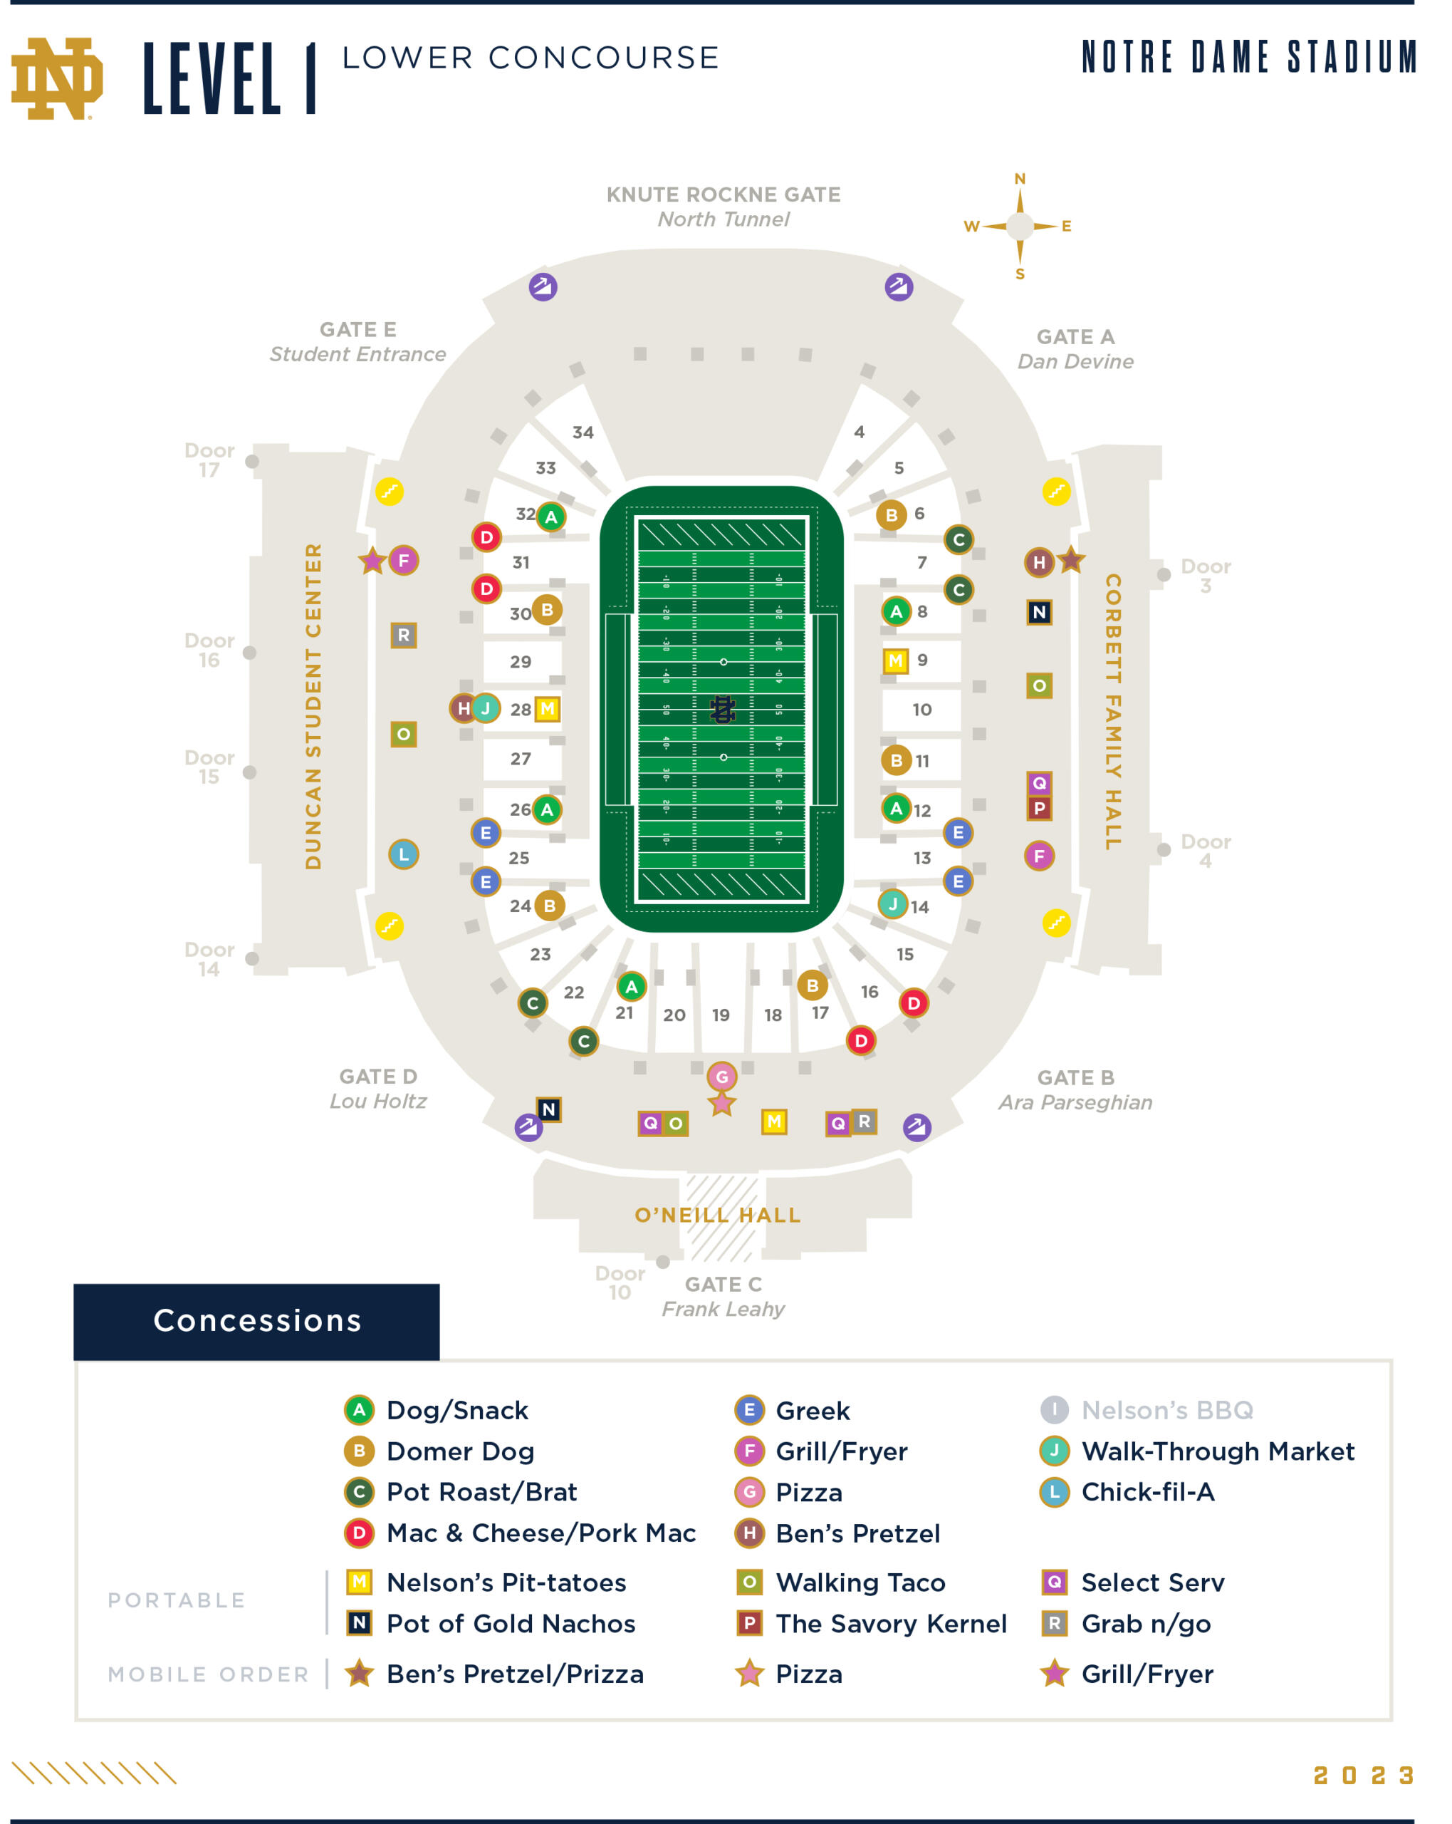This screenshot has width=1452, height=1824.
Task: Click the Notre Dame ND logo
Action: [x=57, y=78]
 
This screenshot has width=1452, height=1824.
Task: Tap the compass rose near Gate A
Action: [x=1020, y=226]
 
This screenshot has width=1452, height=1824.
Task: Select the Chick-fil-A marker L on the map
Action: [x=403, y=854]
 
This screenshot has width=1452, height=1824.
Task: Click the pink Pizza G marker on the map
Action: [x=721, y=1077]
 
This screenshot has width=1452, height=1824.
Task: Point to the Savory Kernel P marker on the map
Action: [x=1039, y=808]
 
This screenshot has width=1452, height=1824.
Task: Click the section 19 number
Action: [x=721, y=1015]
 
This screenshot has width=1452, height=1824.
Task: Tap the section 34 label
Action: [x=583, y=433]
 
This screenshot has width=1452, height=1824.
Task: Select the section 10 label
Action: [x=921, y=710]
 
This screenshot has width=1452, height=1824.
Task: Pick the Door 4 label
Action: [x=1205, y=851]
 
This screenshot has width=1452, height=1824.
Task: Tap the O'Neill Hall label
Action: [x=717, y=1216]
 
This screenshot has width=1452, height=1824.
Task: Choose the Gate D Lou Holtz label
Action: [x=378, y=1089]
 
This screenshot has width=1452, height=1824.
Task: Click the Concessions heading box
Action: [x=256, y=1322]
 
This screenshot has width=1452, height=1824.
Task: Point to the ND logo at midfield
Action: [x=721, y=709]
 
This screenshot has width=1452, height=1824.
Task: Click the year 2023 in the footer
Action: [x=1363, y=1776]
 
